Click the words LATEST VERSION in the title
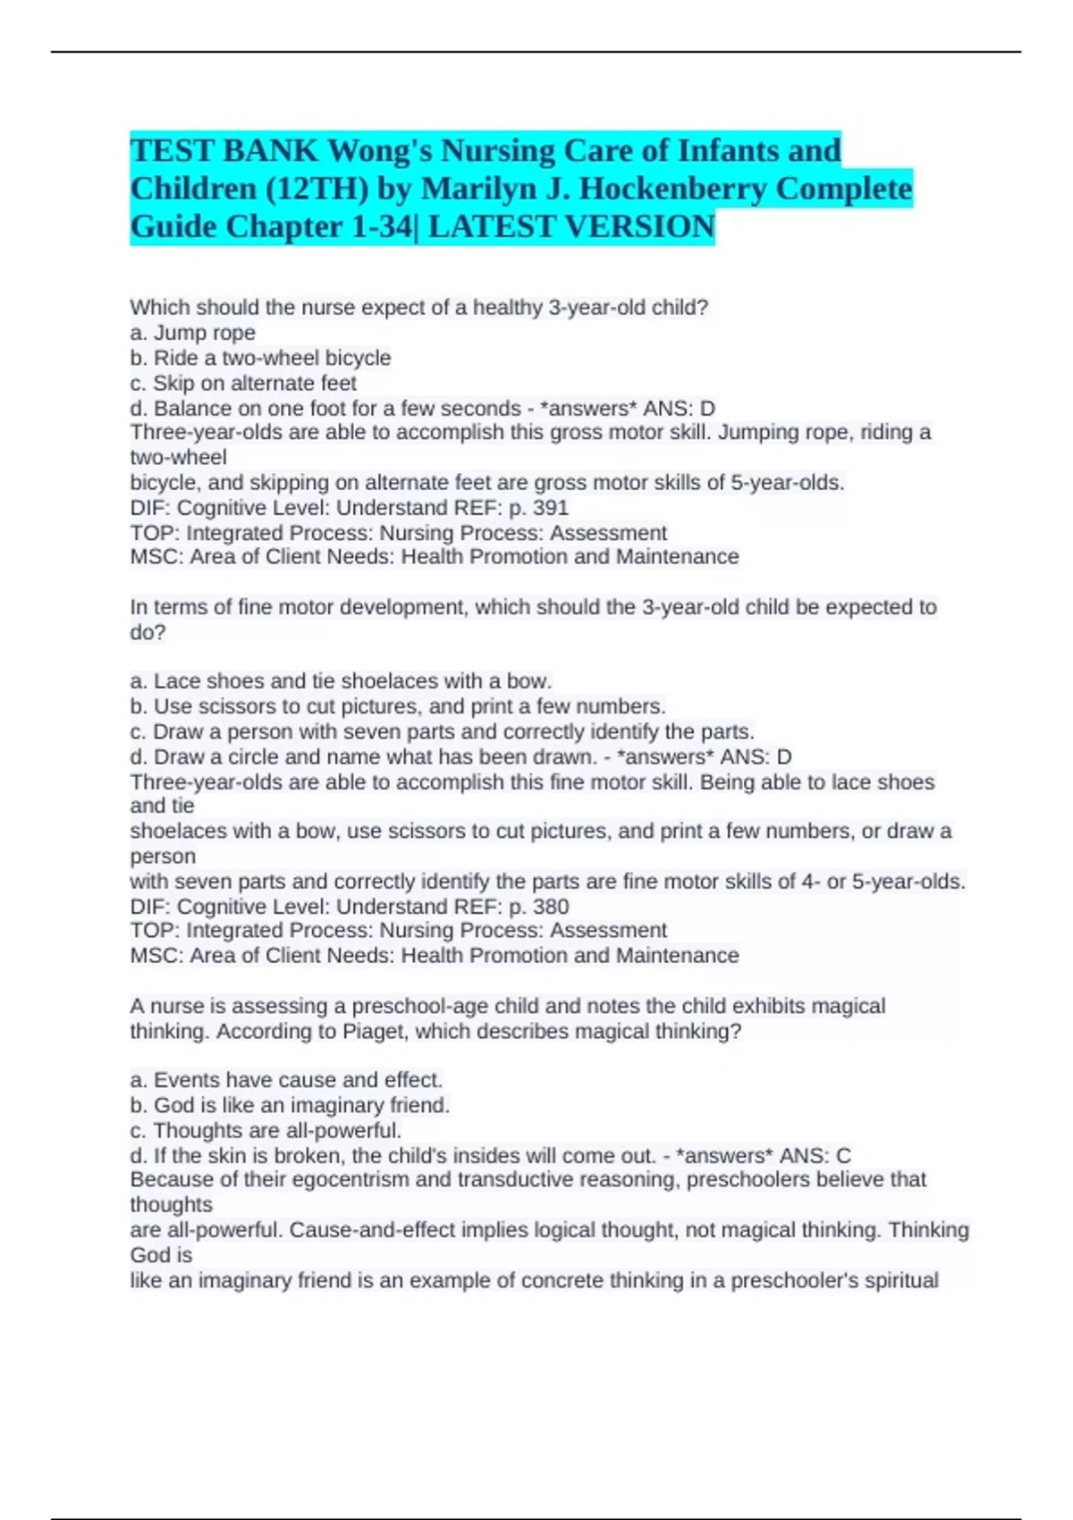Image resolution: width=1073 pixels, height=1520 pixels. coord(571,227)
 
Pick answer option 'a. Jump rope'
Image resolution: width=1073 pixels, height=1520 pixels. coord(192,333)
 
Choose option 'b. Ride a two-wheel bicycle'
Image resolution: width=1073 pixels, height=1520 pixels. coord(260,358)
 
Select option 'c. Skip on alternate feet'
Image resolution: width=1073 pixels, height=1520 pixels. coord(242,383)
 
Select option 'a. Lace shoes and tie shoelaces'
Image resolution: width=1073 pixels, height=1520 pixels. coord(341,680)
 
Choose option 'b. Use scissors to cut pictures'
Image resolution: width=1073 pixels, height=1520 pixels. coord(397,706)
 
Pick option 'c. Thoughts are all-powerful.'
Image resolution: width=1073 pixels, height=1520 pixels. coord(266,1130)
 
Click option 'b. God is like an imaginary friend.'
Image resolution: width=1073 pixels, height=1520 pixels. coord(290,1105)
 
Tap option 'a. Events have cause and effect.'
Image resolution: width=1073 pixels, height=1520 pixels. coord(286,1079)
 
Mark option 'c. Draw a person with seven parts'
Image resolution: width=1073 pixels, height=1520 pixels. coord(442,731)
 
